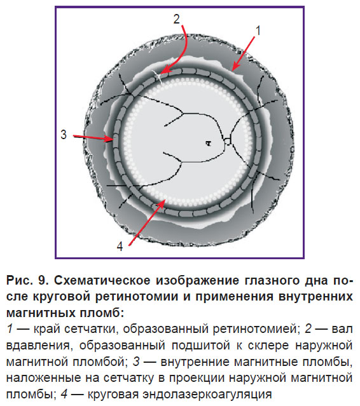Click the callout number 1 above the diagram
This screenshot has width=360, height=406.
coord(258,30)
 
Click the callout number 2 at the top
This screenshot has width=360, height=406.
coord(176,19)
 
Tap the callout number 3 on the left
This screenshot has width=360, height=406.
coord(64,135)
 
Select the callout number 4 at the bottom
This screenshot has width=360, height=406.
coord(120,247)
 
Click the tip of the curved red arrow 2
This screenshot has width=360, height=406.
coord(161,74)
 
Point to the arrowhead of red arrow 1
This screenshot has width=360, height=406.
coord(233,70)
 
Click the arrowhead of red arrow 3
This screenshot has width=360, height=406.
coord(113,140)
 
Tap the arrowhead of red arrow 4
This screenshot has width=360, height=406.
coord(165,200)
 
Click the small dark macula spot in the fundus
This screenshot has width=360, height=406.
coord(209,143)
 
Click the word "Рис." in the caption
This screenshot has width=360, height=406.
coord(20,280)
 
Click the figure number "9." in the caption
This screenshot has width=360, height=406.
coord(43,280)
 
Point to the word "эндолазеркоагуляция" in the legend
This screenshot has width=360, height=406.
coord(207,394)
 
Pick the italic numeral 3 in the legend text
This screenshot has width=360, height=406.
coord(136,362)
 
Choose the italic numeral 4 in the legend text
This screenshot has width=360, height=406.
coord(64,394)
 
